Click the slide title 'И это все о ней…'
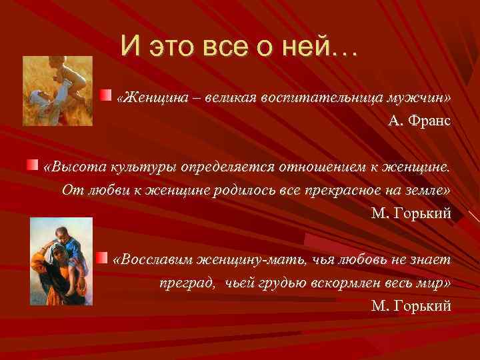point(239,46)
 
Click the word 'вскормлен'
point(343,283)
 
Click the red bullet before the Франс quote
point(105,96)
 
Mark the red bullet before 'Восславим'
point(101,256)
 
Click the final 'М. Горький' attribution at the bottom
point(411,306)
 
